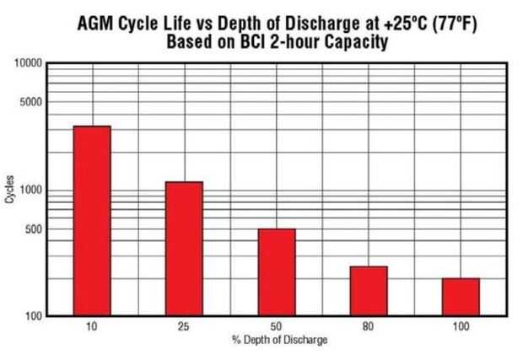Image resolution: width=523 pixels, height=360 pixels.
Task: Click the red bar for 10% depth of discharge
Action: point(92,221)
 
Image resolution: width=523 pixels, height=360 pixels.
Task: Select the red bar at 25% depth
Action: point(184,249)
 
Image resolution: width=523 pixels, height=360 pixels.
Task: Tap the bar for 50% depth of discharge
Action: point(276,272)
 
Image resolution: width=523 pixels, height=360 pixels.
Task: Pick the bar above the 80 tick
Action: point(368,291)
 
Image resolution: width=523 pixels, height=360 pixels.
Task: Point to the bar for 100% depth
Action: point(461,297)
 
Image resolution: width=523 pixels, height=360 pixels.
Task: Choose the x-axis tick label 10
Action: point(92,327)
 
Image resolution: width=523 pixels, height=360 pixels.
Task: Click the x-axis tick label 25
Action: point(184,327)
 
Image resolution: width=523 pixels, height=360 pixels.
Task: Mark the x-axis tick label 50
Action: point(276,327)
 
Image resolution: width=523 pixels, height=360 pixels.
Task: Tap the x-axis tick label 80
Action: point(368,327)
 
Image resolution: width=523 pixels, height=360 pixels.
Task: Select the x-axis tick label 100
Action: point(461,327)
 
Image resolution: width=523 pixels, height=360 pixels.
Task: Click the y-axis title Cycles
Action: point(10,190)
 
